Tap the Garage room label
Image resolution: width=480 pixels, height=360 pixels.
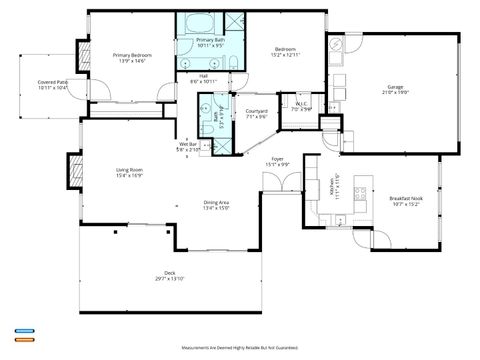coord(395,87)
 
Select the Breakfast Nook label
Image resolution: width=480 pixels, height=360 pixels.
coord(405,198)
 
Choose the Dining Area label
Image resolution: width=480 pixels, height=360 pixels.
coord(217,203)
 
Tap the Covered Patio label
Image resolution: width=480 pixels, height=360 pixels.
coord(52,82)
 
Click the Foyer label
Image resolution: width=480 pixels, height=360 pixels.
coord(278,159)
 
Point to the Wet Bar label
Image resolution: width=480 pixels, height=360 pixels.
coord(188,144)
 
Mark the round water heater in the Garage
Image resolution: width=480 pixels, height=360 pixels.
coord(337,44)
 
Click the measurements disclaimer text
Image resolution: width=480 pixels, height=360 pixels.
coord(240,346)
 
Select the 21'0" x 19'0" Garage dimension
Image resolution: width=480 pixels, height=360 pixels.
coord(395,93)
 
